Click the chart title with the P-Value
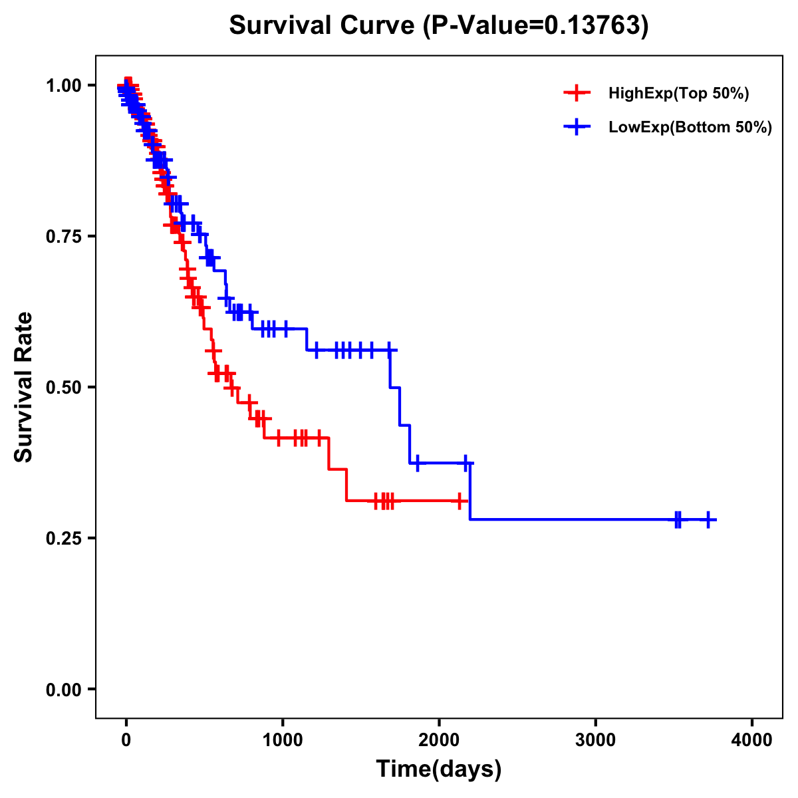coord(439,25)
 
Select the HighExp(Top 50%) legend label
coord(678,94)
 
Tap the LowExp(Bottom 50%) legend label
coord(690,127)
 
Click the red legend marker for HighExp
coord(577,93)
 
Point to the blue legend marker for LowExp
coord(577,126)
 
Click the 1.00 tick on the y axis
coord(63,85)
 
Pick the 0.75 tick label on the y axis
coord(63,236)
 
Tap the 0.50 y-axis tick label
coord(63,387)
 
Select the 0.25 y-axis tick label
coord(63,538)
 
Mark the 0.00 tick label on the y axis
coord(63,689)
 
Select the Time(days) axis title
coord(439,769)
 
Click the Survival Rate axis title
coord(24,386)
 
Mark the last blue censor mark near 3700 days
coord(708,519)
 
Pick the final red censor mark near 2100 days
coord(460,500)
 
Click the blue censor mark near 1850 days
coord(417,463)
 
